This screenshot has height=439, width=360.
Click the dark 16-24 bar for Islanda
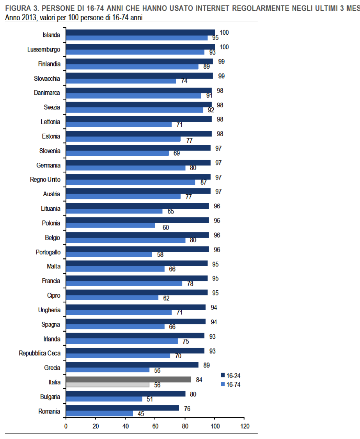pyautogui.click(x=140, y=32)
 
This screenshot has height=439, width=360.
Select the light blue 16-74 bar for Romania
pyautogui.click(x=100, y=414)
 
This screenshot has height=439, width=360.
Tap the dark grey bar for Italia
pyautogui.click(x=128, y=379)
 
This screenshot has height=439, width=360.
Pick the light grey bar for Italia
pyautogui.click(x=108, y=385)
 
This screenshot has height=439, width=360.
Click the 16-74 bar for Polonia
pyautogui.click(x=111, y=226)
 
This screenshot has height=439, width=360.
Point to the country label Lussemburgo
pyautogui.click(x=44, y=50)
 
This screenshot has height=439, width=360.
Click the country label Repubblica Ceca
pyautogui.click(x=40, y=353)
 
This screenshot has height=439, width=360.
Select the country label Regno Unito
pyautogui.click(x=45, y=180)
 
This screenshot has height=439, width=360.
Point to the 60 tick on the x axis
pyautogui.click(x=155, y=426)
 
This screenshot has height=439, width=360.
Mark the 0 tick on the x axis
pyautogui.click(x=66, y=426)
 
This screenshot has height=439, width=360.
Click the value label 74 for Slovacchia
pyautogui.click(x=183, y=81)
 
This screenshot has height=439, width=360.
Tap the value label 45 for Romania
pyautogui.click(x=140, y=414)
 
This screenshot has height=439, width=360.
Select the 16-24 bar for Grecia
pyautogui.click(x=132, y=365)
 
